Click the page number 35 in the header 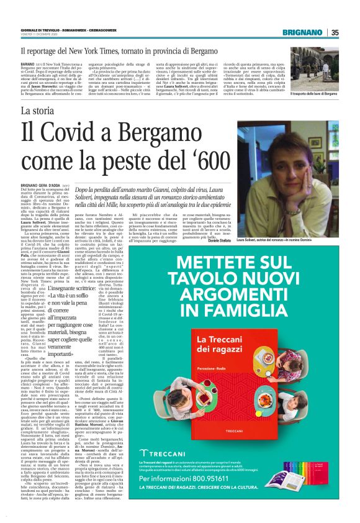tap(335, 32)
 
